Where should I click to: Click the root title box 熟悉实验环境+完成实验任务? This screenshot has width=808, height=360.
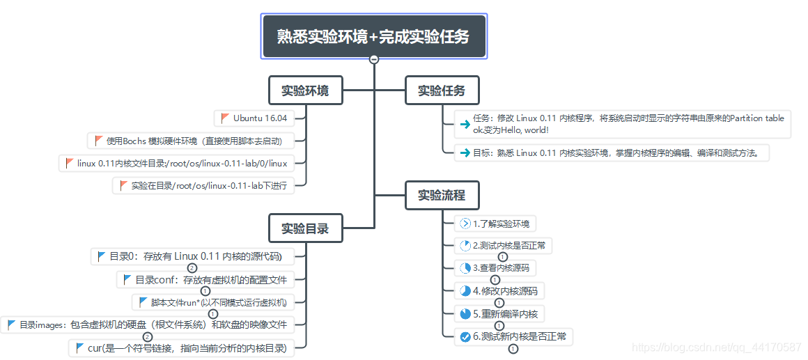374,36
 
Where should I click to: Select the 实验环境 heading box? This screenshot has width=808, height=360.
305,91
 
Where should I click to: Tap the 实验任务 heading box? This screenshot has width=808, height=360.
442,91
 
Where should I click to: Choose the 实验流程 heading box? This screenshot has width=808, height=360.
442,195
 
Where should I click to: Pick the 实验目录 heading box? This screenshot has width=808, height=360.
305,228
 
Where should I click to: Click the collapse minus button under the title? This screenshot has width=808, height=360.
374,60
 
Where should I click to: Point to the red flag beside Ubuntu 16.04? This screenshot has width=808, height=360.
225,118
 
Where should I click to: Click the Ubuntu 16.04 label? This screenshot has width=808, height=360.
260,118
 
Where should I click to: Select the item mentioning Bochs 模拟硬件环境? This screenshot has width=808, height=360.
194,141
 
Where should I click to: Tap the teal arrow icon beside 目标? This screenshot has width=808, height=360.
465,153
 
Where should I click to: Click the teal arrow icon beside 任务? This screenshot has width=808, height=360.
465,125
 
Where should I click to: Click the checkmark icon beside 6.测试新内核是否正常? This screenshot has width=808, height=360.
465,338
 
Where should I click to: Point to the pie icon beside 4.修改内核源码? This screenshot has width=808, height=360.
465,291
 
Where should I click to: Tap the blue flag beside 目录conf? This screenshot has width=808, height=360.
127,280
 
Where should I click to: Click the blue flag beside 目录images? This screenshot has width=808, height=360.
11,324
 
